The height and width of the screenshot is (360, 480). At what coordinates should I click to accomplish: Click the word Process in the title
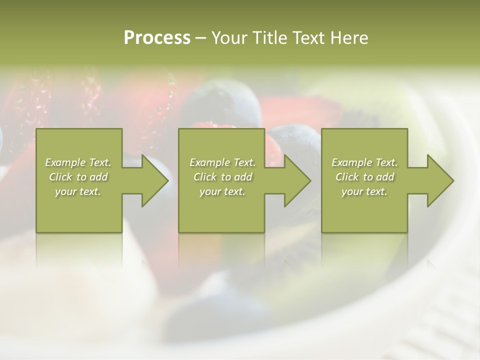157,38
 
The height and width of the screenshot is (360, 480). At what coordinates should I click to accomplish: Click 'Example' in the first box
65,162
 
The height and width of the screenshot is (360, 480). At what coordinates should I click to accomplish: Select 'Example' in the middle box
209,162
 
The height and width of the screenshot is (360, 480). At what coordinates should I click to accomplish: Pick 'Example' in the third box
351,162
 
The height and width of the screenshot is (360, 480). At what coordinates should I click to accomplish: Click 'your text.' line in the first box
78,192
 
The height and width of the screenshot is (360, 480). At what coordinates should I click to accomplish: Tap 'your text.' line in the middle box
222,192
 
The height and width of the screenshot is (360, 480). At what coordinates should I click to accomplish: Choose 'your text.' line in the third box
364,192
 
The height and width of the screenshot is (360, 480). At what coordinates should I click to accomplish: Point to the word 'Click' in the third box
347,177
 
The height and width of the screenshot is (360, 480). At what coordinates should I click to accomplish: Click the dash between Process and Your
201,38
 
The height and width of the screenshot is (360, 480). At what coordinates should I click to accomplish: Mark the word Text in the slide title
307,38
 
